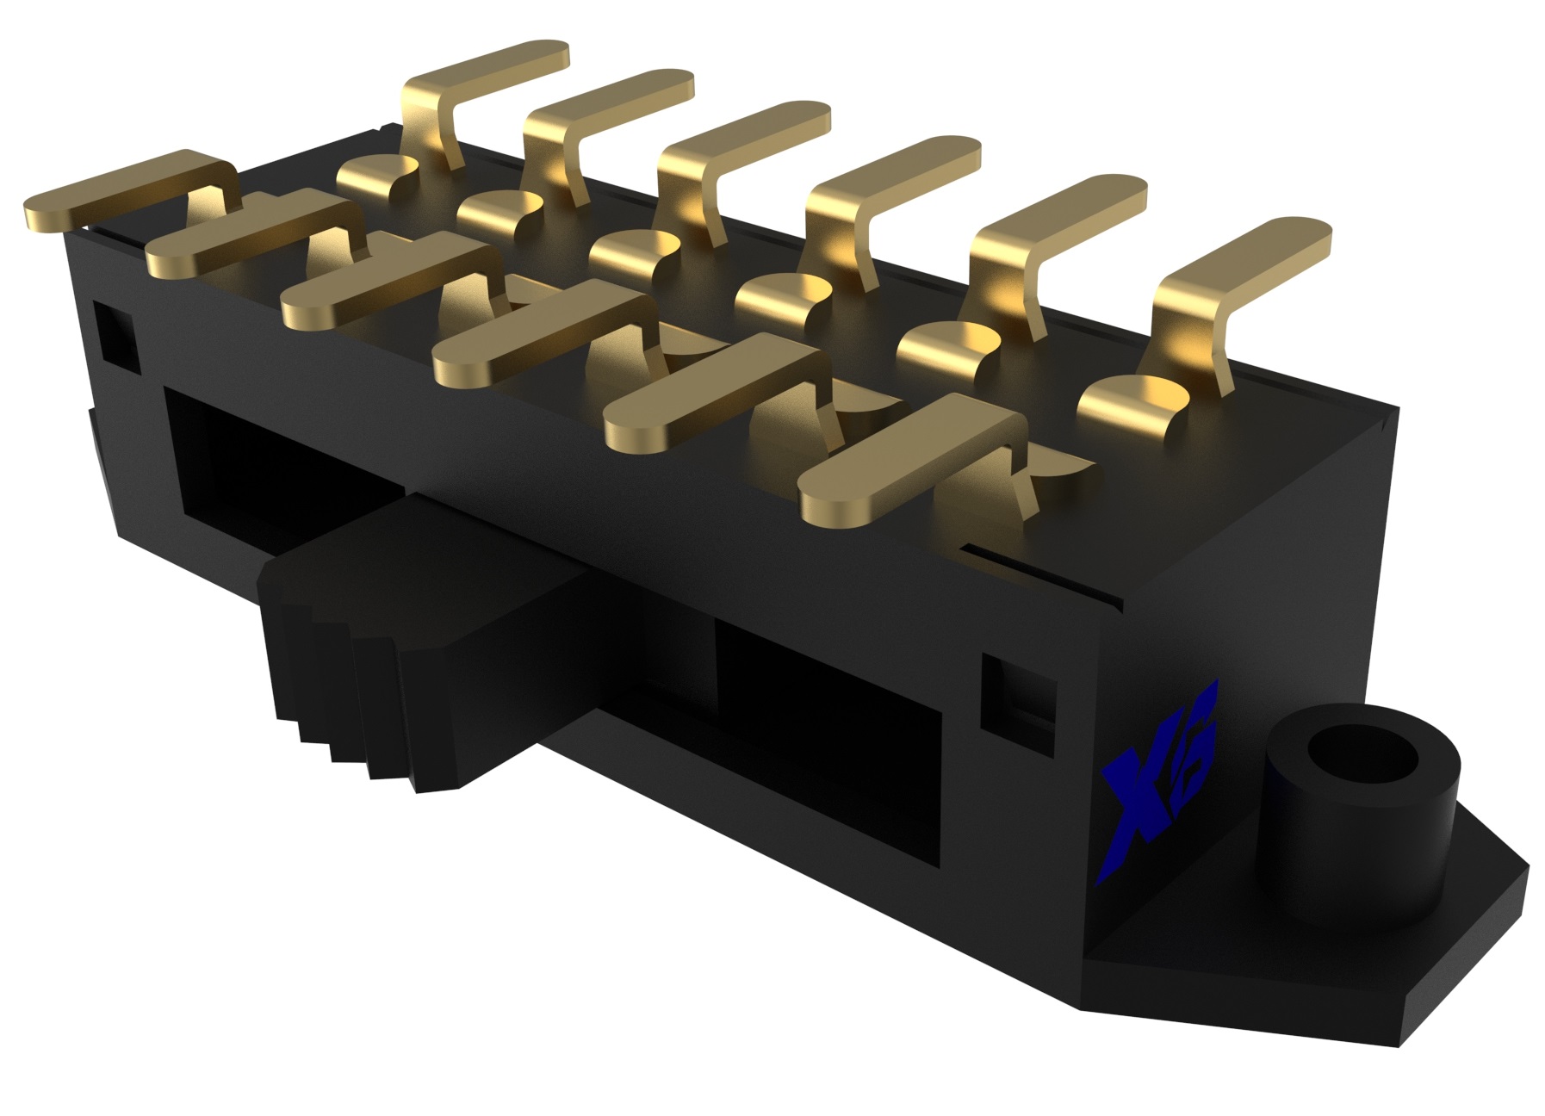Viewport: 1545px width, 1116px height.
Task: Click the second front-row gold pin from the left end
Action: click(250, 241)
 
